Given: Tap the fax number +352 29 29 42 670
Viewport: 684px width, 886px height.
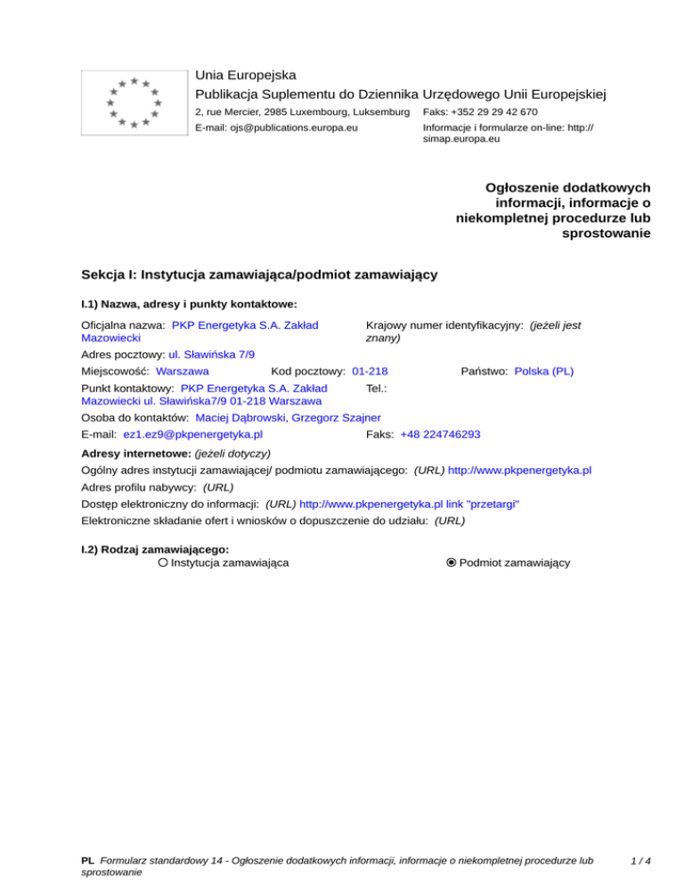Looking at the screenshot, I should point(492,111).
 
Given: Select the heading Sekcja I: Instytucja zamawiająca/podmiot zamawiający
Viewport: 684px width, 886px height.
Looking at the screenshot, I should point(258,275).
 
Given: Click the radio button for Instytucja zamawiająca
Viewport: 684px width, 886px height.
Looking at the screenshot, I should point(163,562).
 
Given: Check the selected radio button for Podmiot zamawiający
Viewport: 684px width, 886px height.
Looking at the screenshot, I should point(452,562).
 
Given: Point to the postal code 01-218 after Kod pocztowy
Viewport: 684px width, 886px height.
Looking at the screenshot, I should point(370,370).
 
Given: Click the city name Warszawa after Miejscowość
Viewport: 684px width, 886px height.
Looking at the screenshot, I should point(182,370).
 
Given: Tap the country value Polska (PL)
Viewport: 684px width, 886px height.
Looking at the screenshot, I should point(544,370).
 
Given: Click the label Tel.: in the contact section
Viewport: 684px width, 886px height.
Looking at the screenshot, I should point(375,388).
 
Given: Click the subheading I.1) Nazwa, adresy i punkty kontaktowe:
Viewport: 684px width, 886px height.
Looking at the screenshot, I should point(188,304).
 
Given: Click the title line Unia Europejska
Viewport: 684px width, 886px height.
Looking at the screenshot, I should point(246,74).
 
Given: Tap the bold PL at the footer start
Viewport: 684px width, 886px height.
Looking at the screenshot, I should point(87,862).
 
